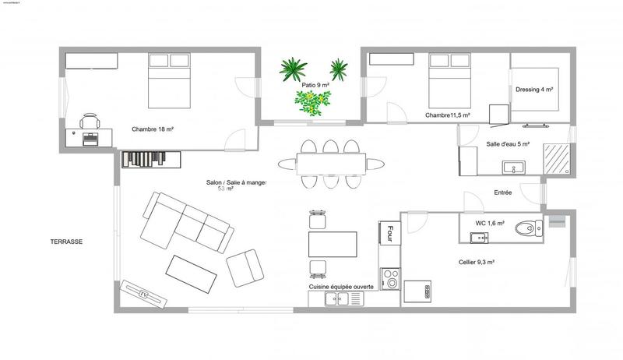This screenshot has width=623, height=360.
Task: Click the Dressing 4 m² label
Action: (534, 90)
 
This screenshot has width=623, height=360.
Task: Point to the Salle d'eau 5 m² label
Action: (508, 144)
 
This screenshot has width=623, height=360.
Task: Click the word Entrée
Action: (503, 192)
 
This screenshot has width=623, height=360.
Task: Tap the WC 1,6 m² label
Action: (491, 224)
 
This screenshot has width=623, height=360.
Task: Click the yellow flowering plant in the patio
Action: (311, 103)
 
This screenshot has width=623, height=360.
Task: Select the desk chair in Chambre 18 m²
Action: (90, 122)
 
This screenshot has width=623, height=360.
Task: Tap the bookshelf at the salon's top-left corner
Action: (151, 159)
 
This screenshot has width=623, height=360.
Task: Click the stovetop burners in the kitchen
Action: (389, 277)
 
